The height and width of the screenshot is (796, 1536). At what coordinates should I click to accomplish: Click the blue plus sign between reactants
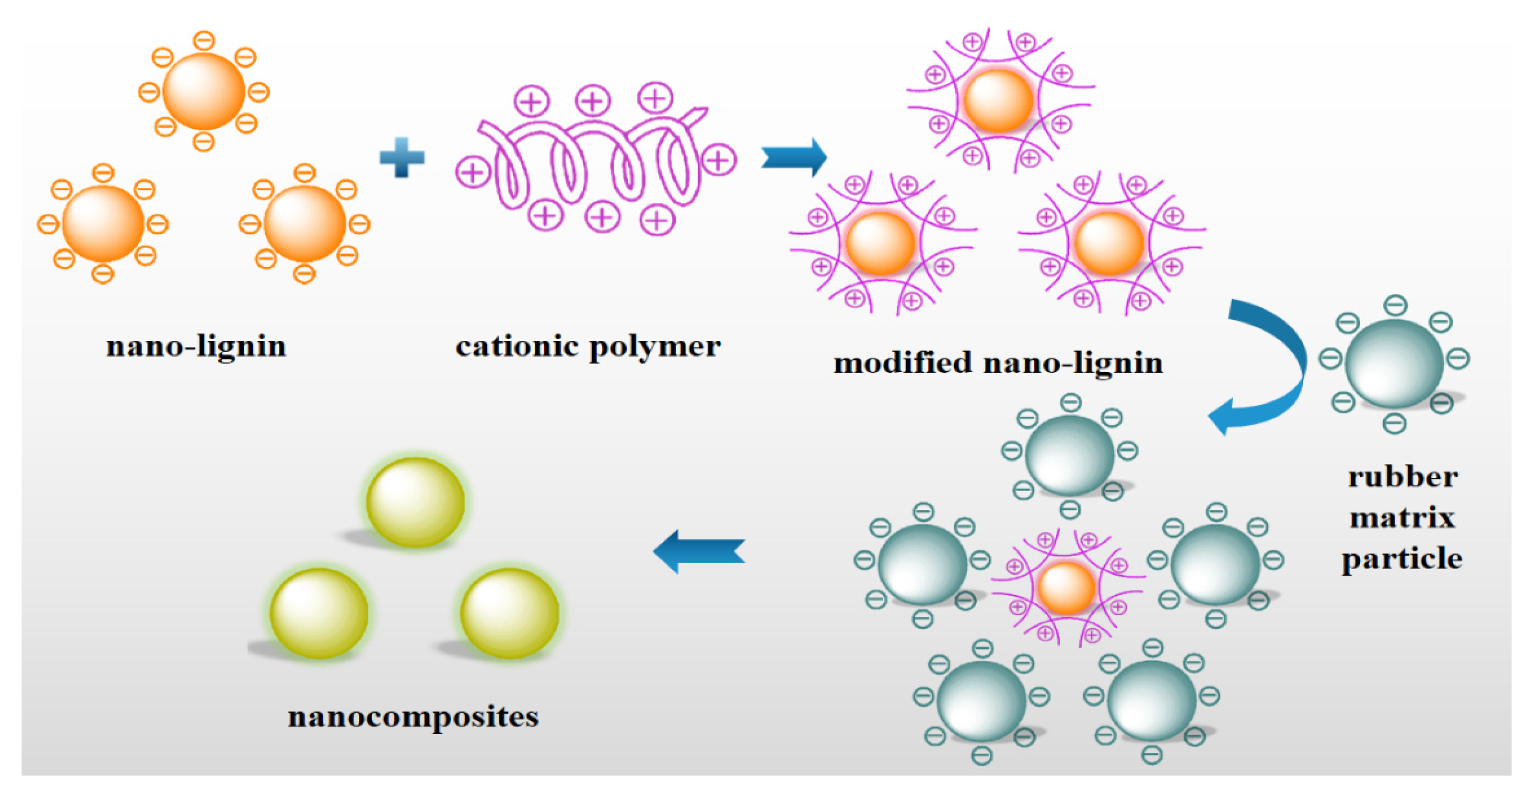402,157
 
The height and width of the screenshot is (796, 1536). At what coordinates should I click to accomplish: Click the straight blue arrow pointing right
794,157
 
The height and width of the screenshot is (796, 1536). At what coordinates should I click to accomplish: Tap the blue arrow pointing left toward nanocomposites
698,551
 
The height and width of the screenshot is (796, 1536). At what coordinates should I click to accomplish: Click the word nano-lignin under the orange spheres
196,346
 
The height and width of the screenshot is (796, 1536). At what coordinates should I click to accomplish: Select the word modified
902,362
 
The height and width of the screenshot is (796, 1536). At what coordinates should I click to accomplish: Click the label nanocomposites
413,716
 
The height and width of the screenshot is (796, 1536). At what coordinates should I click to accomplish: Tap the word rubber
1403,477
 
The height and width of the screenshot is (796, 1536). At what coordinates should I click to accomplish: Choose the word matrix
1403,517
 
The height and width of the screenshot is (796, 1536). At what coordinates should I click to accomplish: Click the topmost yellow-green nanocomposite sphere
415,502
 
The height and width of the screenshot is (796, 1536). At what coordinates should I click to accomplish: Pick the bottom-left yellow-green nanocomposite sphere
319,613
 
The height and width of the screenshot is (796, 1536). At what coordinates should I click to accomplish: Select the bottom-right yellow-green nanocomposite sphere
509,613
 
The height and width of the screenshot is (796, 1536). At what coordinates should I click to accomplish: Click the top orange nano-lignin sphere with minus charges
204,91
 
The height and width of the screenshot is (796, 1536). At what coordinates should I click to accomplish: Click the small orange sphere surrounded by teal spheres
1066,588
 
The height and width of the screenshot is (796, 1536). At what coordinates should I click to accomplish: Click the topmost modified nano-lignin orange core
998,100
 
